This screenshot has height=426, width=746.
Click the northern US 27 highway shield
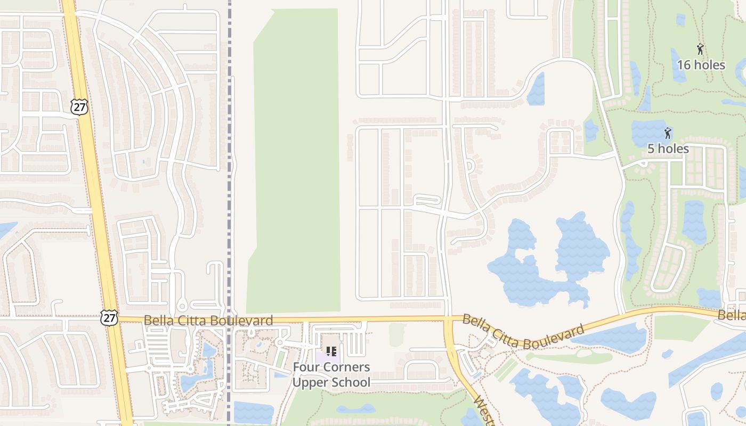coord(78,107)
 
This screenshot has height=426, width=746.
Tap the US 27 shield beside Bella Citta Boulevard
coord(108,317)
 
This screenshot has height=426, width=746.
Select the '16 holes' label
coord(701,65)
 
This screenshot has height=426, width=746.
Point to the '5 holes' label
coord(668,149)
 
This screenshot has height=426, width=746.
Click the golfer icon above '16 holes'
coord(700,50)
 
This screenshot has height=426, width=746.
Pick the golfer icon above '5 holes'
coord(668,133)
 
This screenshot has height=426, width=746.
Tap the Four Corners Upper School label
coord(331,375)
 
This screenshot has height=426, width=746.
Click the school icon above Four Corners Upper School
coord(331,351)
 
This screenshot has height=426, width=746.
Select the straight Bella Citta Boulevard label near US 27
coord(208,321)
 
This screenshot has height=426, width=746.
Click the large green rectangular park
coord(296,160)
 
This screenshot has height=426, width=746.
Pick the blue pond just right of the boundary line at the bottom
coord(253,412)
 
